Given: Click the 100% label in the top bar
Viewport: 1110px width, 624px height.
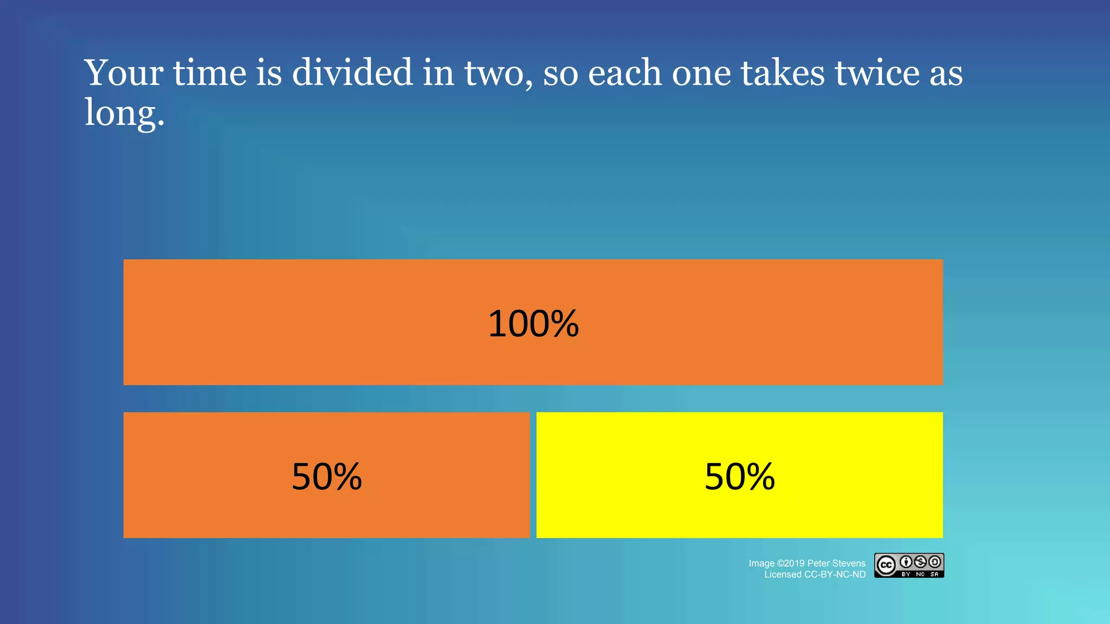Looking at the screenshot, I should (533, 324).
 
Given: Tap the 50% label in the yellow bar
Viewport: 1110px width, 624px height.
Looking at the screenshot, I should (739, 477).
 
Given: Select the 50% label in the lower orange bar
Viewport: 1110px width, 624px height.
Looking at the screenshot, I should (326, 477).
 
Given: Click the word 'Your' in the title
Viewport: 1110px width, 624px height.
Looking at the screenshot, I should (124, 73).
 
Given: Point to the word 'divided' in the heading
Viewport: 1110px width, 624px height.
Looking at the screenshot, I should (352, 73).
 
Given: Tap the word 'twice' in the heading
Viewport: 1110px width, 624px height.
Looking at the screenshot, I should (877, 73).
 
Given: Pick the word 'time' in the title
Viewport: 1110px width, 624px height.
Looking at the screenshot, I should (210, 73).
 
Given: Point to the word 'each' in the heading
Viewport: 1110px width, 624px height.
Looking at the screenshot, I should (624, 73).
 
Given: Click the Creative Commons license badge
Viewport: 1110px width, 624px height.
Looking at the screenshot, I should (909, 565).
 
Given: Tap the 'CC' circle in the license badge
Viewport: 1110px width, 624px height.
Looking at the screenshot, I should (886, 565).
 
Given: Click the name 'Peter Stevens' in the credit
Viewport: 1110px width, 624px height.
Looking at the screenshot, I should (836, 563).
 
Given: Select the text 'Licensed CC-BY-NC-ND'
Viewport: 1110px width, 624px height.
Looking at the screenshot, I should (815, 575).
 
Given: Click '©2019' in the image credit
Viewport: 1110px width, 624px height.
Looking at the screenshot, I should (791, 563).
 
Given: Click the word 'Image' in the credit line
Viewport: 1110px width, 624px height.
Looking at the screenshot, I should (761, 563).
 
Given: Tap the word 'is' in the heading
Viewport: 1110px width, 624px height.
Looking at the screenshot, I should (269, 73).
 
